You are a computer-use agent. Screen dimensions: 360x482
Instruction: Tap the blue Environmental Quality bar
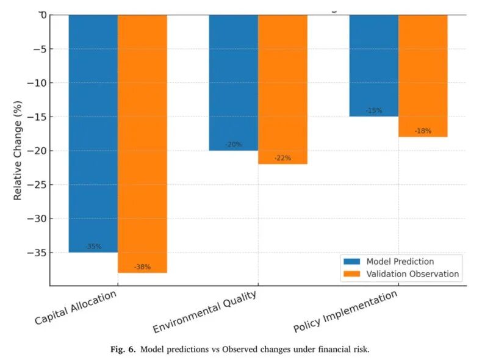pos(233,82)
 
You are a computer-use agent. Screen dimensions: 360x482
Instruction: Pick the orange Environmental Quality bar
pos(282,89)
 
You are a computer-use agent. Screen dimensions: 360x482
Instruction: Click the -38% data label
pos(142,267)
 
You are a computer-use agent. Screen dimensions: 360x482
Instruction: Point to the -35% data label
pos(93,247)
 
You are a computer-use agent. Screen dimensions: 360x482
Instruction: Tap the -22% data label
pos(282,158)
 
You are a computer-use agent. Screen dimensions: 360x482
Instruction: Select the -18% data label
pos(423,131)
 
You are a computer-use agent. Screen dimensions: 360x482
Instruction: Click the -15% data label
pos(374,110)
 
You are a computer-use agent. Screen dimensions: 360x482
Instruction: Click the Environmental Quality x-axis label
pos(204,312)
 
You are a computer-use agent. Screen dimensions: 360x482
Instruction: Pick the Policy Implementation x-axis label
pos(345,311)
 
